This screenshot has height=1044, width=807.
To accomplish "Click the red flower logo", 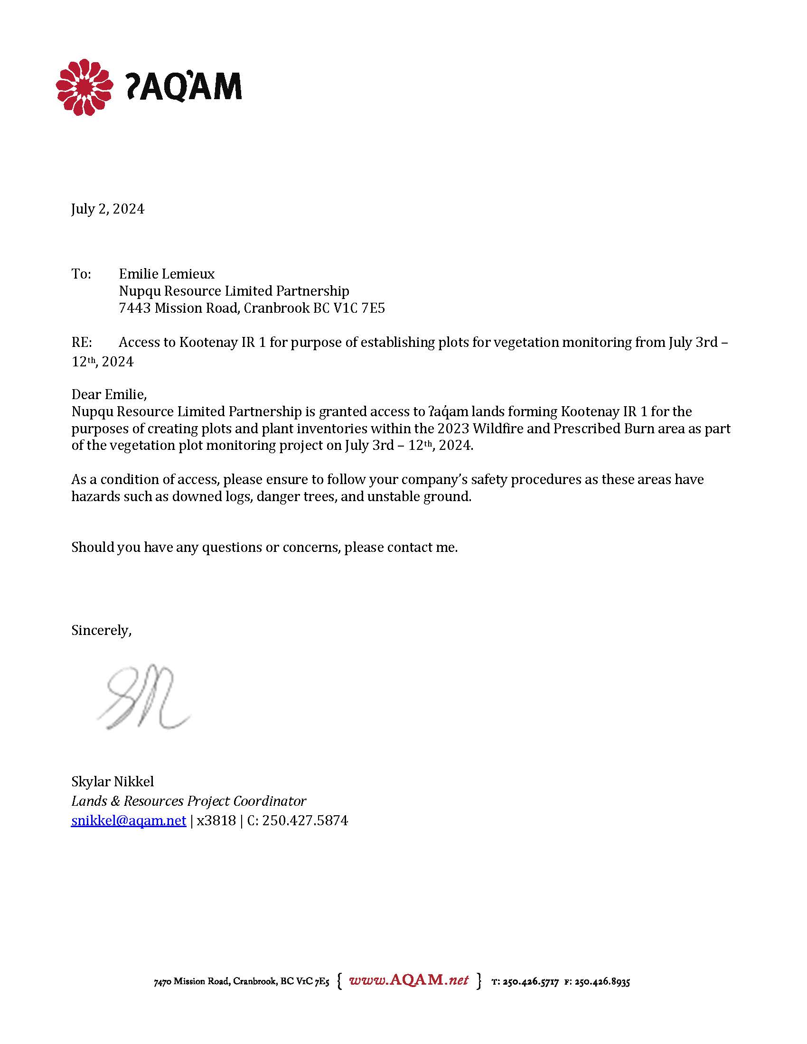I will (84, 87).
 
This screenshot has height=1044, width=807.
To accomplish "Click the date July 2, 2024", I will (108, 209).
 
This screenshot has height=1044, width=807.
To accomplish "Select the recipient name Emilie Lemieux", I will (166, 274).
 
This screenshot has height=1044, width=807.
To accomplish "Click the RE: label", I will (82, 342).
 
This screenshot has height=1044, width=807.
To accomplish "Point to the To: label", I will (81, 274).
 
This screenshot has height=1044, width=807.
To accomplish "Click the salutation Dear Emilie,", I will (109, 394).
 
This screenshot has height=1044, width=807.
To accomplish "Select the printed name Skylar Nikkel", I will (113, 782).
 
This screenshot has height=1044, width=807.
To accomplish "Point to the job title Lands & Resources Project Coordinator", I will (188, 801).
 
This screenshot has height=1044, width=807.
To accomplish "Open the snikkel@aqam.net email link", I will (128, 821).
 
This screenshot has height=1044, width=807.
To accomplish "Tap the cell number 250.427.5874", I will (305, 821).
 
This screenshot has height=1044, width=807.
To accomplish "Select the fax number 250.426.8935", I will (602, 982).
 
